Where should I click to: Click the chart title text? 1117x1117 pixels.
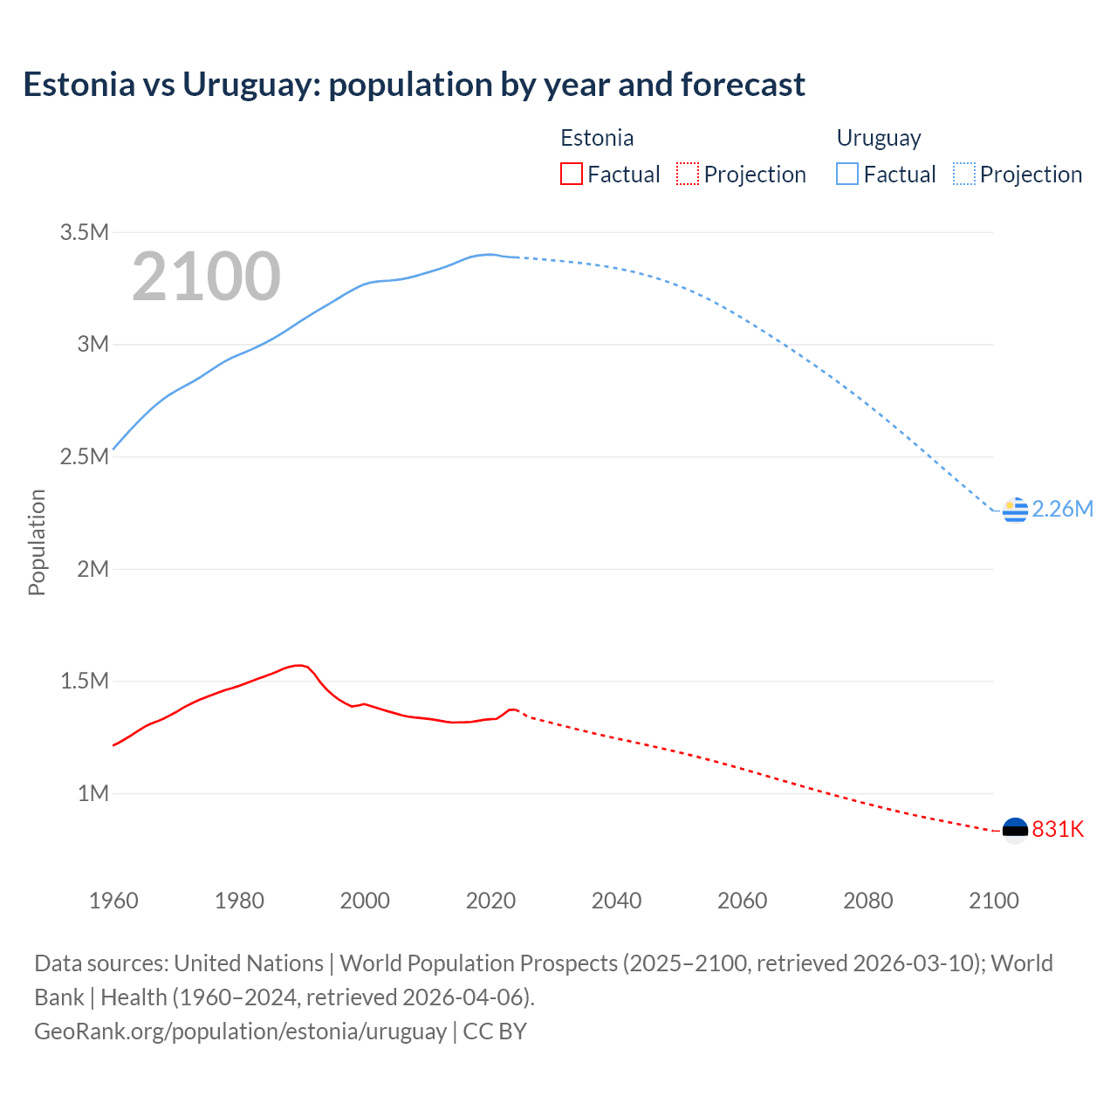click(x=414, y=85)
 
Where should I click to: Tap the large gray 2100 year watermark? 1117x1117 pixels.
click(x=206, y=277)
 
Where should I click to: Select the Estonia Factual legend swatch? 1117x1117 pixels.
click(x=572, y=174)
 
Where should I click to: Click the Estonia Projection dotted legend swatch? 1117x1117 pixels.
click(x=688, y=174)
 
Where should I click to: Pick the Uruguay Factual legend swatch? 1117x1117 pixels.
click(x=847, y=174)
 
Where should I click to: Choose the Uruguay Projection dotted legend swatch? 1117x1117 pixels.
click(x=964, y=174)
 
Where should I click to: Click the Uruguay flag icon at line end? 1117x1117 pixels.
click(x=1015, y=510)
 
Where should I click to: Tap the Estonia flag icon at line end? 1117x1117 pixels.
click(x=1015, y=830)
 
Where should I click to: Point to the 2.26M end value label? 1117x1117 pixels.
click(x=1062, y=510)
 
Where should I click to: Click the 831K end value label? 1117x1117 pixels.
click(x=1058, y=830)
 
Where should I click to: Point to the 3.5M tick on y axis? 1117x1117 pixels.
click(x=85, y=232)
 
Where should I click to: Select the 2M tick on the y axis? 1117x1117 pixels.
click(x=93, y=569)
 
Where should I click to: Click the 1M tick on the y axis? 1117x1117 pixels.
click(x=93, y=793)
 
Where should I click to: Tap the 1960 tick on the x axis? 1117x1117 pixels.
click(x=113, y=901)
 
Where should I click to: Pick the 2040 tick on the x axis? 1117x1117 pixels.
click(x=616, y=901)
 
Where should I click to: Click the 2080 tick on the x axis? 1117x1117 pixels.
click(x=867, y=901)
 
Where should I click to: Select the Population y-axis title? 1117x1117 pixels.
click(x=37, y=542)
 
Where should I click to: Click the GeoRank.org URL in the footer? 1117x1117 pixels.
click(x=240, y=1031)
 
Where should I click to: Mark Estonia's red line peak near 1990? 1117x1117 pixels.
click(x=298, y=665)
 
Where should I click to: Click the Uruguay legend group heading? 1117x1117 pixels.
click(x=879, y=138)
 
